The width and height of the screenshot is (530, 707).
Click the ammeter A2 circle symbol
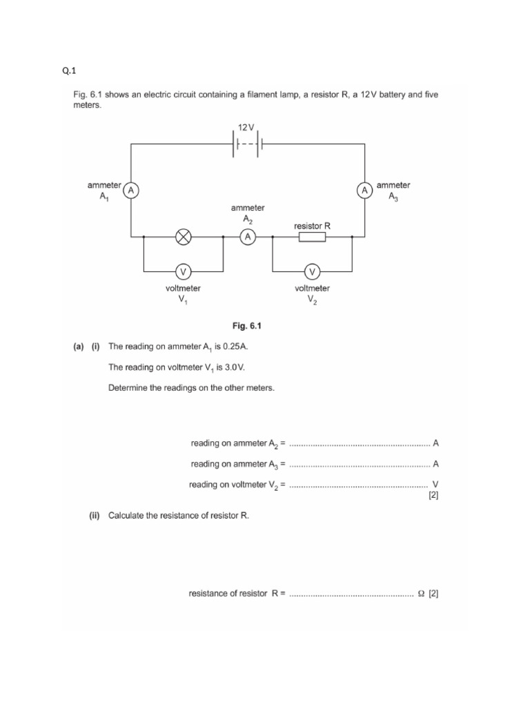pyautogui.click(x=247, y=238)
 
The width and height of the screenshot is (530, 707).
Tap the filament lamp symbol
pyautogui.click(x=184, y=238)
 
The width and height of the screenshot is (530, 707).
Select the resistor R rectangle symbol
pyautogui.click(x=312, y=238)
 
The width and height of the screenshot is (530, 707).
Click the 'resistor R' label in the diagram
pyautogui.click(x=313, y=225)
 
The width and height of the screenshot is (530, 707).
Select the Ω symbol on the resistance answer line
pyautogui.click(x=421, y=593)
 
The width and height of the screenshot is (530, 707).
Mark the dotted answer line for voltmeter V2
pyautogui.click(x=359, y=485)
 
